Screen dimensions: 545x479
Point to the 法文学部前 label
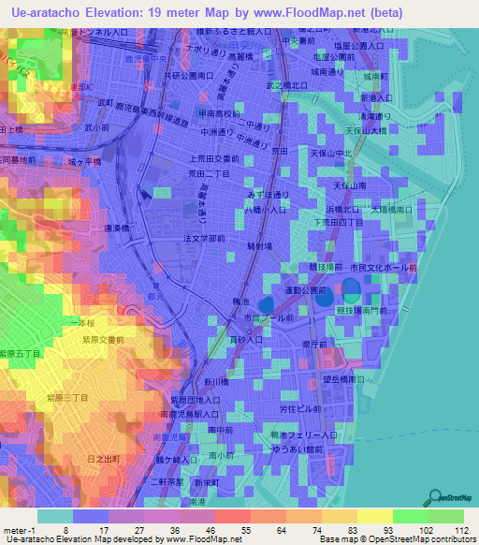tap(204, 239)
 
